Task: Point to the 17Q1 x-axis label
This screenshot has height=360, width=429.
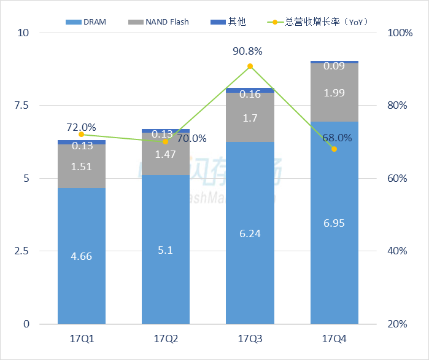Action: point(82,338)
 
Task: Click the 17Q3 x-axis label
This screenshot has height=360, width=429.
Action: point(250,338)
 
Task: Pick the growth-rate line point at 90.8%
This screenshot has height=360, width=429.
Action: point(250,66)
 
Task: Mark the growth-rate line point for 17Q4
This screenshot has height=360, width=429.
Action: point(334,149)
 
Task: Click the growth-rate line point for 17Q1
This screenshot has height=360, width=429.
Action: point(82,135)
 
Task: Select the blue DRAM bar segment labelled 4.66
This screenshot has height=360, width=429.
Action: point(82,256)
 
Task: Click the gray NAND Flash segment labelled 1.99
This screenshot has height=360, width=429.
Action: point(334,93)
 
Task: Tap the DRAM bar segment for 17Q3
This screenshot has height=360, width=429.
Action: point(250,233)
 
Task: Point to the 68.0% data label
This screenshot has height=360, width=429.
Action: point(337,138)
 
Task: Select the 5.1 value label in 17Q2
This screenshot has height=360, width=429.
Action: point(166,250)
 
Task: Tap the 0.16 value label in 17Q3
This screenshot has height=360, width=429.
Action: point(250,94)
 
